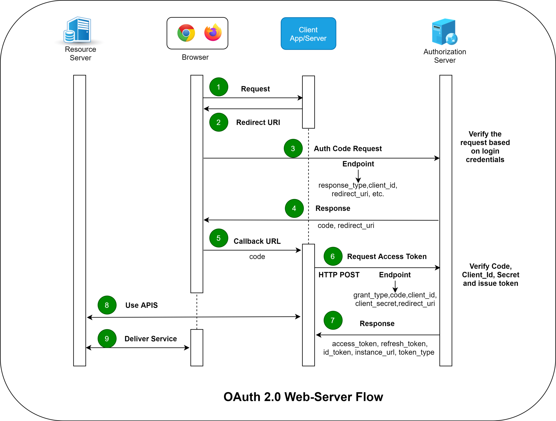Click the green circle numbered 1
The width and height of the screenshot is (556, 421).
219,87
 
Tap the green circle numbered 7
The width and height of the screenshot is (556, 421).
333,320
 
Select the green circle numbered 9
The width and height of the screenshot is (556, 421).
107,338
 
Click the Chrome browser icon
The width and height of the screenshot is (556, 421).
186,33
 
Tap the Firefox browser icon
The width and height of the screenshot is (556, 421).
213,33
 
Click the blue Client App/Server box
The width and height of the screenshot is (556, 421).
308,34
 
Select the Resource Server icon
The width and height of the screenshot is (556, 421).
78,30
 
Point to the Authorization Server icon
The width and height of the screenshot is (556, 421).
444,32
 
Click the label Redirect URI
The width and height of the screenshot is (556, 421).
258,123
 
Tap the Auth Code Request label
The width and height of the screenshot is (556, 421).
347,149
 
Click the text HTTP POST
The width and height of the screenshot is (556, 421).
339,275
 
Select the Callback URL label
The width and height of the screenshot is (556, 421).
257,241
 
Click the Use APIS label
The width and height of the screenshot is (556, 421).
141,305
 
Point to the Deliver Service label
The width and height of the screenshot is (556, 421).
150,339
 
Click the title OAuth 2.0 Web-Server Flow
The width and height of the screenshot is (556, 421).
303,397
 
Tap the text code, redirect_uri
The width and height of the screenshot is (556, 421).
346,226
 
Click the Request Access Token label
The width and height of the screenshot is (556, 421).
387,256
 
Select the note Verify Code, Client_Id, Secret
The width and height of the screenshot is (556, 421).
490,275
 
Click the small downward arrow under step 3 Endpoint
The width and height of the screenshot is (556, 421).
358,176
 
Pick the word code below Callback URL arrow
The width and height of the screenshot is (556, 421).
257,256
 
